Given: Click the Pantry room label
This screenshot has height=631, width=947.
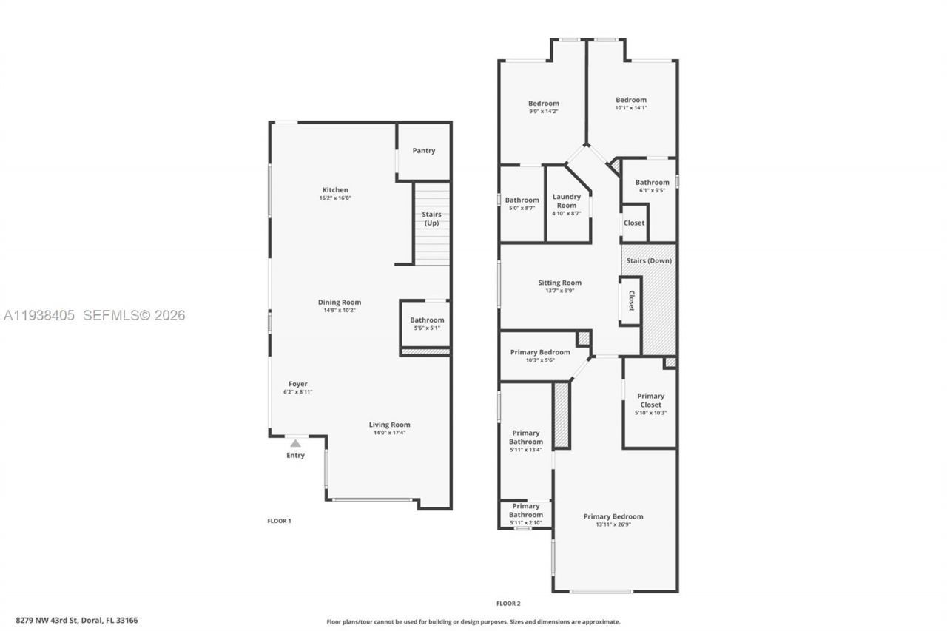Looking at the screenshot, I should click(x=424, y=151).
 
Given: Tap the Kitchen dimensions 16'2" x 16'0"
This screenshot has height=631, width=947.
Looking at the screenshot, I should click(x=334, y=198).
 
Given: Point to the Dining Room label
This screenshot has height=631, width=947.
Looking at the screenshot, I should click(x=340, y=302).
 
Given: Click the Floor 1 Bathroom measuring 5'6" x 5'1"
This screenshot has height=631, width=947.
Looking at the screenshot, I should click(x=427, y=324).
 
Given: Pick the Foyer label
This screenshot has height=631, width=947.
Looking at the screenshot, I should click(x=298, y=384).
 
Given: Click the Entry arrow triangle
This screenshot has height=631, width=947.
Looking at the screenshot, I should click(x=295, y=443).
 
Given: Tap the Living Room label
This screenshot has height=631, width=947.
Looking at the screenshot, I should click(x=390, y=425).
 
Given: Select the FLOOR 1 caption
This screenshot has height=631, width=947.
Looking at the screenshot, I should click(x=279, y=521).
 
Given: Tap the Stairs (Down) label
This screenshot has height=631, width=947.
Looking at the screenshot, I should click(x=649, y=260).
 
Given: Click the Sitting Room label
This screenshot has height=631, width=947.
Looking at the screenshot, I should click(x=559, y=283).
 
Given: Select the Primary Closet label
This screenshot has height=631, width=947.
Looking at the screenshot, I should click(x=651, y=400).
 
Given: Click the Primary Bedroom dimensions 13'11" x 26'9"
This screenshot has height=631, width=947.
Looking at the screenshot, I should click(x=613, y=524).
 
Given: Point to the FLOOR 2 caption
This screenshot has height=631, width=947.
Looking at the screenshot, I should click(x=508, y=604).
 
